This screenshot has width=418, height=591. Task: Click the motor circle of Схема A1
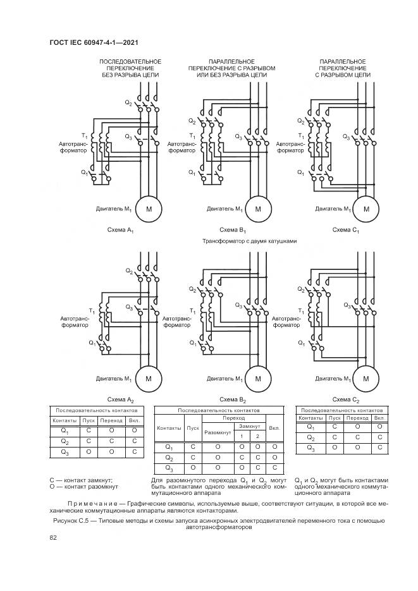click(x=149, y=209)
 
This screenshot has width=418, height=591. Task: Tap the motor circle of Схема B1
click(x=258, y=209)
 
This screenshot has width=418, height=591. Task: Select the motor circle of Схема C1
click(x=366, y=209)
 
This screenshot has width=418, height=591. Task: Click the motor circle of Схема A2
click(x=149, y=379)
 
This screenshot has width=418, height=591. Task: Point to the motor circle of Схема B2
click(x=258, y=379)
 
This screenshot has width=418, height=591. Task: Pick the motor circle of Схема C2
click(x=366, y=379)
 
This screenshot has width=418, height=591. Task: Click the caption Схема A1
click(x=121, y=231)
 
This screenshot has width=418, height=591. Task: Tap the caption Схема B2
click(x=233, y=400)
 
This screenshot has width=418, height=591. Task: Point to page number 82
click(x=53, y=538)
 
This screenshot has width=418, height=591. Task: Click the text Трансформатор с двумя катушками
click(x=249, y=241)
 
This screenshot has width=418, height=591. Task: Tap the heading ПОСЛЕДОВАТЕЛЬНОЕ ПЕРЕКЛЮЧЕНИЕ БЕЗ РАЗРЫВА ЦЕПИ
click(x=130, y=68)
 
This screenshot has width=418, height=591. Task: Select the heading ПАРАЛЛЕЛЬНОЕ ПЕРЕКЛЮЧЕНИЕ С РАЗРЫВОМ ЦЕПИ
click(x=342, y=68)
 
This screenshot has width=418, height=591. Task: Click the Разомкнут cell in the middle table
click(x=218, y=432)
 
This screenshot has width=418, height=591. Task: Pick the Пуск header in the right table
click(x=333, y=418)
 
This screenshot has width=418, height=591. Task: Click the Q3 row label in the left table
click(x=65, y=452)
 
